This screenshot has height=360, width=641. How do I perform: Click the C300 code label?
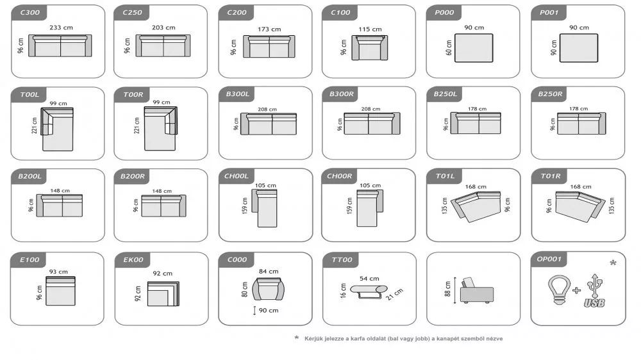[30, 12]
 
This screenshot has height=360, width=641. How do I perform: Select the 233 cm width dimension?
[62, 28]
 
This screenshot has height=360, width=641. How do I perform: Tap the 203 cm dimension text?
[163, 28]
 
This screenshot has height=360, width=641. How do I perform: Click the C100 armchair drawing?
[370, 48]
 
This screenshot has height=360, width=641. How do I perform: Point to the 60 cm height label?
[449, 48]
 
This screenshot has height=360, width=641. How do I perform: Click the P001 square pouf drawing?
[578, 48]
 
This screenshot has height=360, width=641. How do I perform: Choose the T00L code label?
[29, 94]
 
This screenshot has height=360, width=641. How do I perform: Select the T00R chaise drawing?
[160, 128]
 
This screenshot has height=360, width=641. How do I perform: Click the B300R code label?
[342, 94]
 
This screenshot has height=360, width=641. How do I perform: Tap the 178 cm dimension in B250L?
[477, 109]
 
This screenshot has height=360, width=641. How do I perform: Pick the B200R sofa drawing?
[163, 206]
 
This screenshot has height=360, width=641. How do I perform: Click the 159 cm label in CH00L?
[245, 206]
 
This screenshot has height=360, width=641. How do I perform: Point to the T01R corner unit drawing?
[579, 206]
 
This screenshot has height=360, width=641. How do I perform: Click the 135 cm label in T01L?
[445, 206]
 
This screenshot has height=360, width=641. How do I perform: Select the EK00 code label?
[133, 259]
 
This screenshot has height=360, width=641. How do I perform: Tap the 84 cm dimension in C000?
[269, 272]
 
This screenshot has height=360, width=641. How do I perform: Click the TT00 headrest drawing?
[369, 291]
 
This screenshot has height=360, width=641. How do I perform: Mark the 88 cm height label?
[447, 288]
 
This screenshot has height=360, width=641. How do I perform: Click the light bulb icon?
[559, 290]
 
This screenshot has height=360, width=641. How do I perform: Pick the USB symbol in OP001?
[594, 291]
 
